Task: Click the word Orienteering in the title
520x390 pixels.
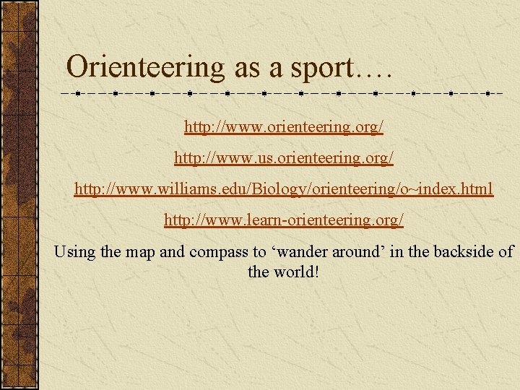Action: click(145, 67)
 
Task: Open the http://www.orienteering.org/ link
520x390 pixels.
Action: click(284, 127)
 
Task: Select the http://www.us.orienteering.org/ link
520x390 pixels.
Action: click(284, 157)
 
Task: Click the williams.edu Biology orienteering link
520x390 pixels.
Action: click(284, 188)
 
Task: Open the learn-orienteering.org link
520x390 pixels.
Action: click(284, 219)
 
